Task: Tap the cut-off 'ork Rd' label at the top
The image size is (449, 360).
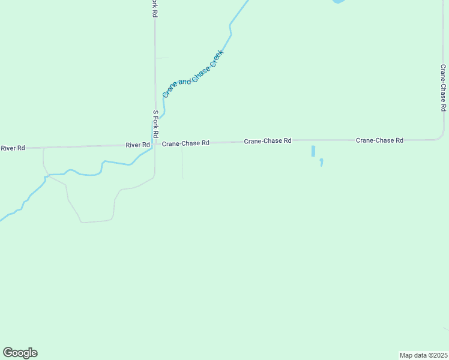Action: pyautogui.click(x=154, y=8)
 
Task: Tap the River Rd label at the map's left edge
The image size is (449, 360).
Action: pyautogui.click(x=13, y=148)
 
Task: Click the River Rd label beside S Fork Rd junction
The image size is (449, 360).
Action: pyautogui.click(x=137, y=145)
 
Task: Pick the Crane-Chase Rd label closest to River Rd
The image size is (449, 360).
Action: pyautogui.click(x=185, y=143)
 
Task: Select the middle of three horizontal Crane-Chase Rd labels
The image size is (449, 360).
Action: pyautogui.click(x=267, y=140)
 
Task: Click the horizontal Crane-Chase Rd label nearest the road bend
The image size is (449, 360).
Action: pyautogui.click(x=379, y=140)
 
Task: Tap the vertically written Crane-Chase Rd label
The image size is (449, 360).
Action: pyautogui.click(x=443, y=88)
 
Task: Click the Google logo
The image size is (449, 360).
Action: pyautogui.click(x=20, y=353)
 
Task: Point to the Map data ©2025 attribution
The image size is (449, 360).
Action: pyautogui.click(x=423, y=355)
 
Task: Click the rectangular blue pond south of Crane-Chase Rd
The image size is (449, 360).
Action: pyautogui.click(x=313, y=151)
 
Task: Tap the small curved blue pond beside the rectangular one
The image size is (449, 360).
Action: pyautogui.click(x=322, y=162)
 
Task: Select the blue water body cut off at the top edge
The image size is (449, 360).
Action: pyautogui.click(x=339, y=2)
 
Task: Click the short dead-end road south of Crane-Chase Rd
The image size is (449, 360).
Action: pyautogui.click(x=182, y=163)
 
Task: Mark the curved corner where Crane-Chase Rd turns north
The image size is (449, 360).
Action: pyautogui.click(x=439, y=136)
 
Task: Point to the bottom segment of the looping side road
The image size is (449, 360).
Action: pyautogui.click(x=96, y=221)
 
